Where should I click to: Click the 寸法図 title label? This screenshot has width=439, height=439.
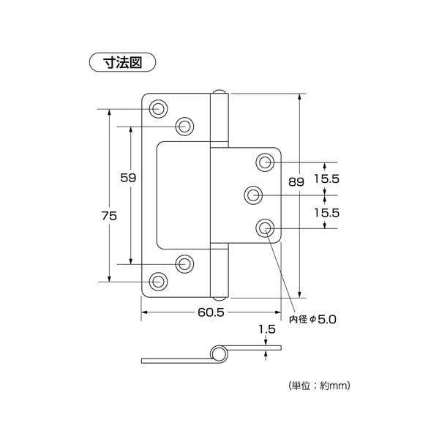[123, 62]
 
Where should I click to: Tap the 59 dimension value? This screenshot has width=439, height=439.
[129, 178]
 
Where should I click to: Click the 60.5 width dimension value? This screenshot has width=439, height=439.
[210, 312]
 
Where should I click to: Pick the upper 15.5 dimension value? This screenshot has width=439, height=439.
[326, 178]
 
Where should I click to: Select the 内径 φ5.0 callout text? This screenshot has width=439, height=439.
[315, 319]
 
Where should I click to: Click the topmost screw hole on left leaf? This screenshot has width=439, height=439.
[159, 109]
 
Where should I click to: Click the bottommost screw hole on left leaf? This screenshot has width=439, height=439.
[159, 280]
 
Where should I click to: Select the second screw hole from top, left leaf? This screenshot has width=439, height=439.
[184, 127]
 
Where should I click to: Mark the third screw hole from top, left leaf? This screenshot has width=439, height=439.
[184, 263]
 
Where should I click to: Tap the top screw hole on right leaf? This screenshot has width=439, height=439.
[265, 161]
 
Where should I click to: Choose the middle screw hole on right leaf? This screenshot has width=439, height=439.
[253, 195]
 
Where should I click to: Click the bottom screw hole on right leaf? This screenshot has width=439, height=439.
[265, 228]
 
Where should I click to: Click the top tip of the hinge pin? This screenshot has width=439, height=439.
[219, 93]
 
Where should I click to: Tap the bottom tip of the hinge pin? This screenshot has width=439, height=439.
[219, 297]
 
